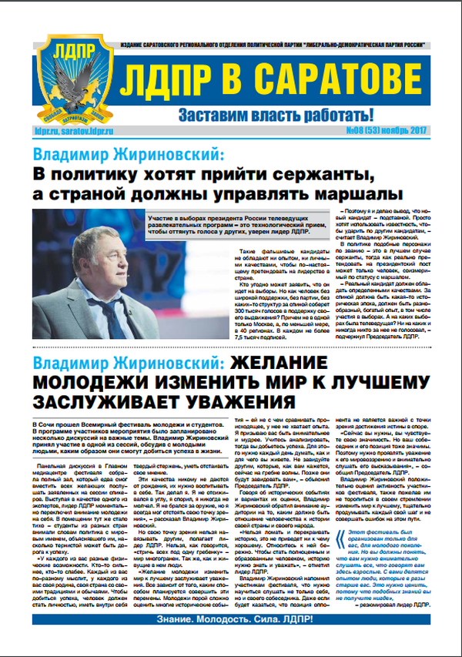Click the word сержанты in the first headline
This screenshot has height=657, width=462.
320,169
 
